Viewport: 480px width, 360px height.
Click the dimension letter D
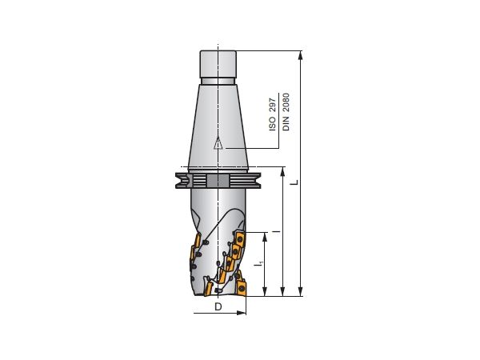[218, 307]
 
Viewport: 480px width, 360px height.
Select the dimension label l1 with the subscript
[256, 262]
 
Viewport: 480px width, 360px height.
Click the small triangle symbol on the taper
[217, 144]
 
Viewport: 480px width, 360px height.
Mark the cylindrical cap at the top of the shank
[217, 63]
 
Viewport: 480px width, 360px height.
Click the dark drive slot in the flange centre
[217, 181]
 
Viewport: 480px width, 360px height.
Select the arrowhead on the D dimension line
[242, 313]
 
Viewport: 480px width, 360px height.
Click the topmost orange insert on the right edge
[238, 240]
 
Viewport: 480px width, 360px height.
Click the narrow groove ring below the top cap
[217, 80]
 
